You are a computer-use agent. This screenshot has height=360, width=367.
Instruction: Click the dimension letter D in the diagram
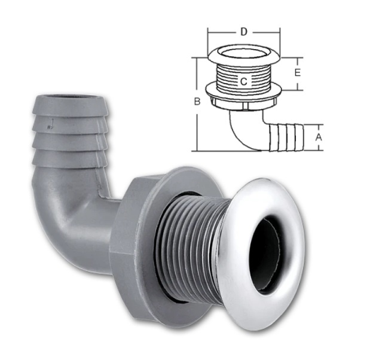click(x=244, y=32)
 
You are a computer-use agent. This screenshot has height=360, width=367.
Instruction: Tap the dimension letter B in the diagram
click(x=197, y=102)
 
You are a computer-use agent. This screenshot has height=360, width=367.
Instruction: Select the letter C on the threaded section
click(x=244, y=81)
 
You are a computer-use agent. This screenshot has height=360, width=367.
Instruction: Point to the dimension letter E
click(x=297, y=72)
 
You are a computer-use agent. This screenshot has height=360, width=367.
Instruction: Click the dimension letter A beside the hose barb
click(x=319, y=138)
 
